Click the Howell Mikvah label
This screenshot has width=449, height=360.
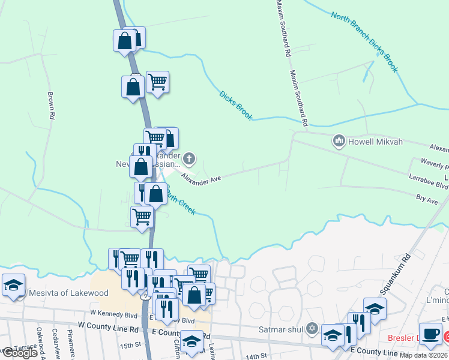376,142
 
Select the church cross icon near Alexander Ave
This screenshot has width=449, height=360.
189,159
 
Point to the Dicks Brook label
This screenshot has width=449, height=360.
236,106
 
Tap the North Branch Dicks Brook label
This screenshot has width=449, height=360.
364,42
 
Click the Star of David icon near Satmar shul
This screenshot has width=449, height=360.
311,328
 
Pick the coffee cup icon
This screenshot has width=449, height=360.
430,334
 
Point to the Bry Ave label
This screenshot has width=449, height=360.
427,199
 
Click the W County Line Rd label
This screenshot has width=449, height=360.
109,329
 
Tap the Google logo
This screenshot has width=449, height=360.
19,353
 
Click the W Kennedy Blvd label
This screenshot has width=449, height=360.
114,314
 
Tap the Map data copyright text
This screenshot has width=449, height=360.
423,355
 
